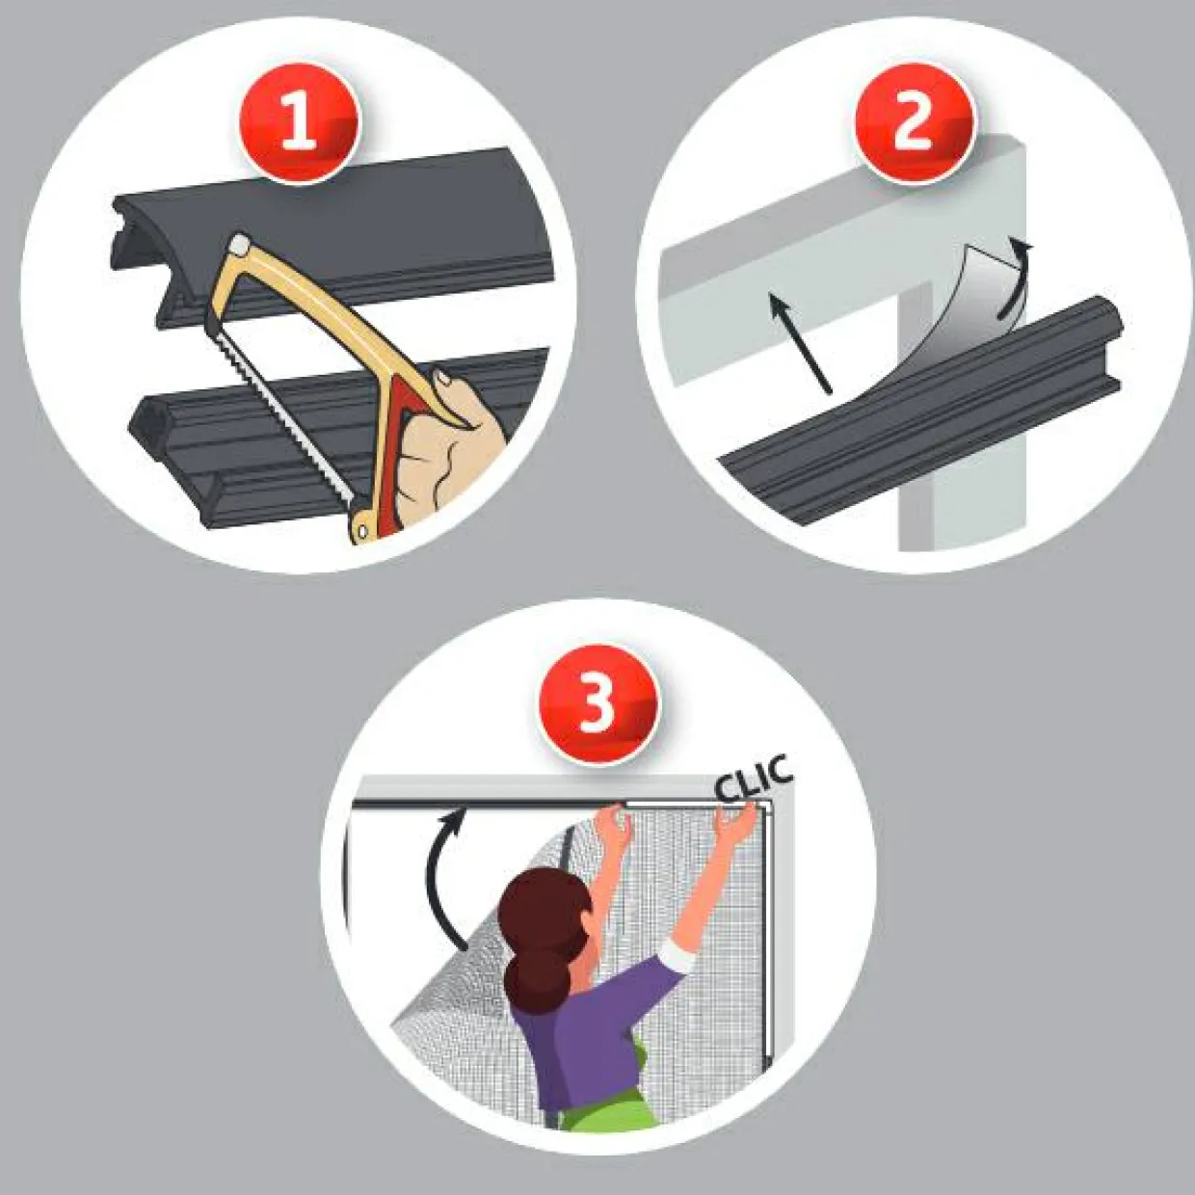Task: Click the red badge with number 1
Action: tap(300, 123)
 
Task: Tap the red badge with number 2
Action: tap(916, 122)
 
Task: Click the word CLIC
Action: tap(754, 779)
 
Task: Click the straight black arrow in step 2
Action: tap(800, 343)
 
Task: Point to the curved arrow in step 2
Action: tap(1015, 279)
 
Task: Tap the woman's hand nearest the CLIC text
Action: tap(737, 823)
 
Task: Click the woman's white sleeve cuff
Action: tap(678, 957)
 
